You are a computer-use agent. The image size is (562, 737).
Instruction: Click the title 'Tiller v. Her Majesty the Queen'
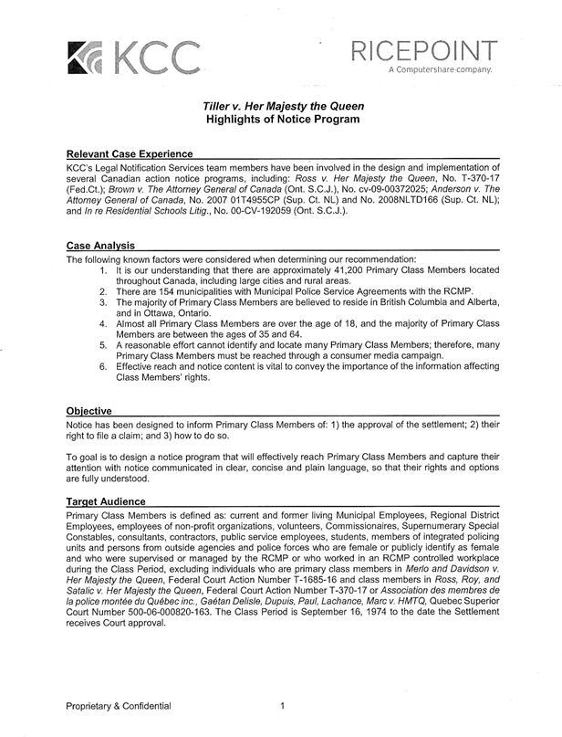pyautogui.click(x=282, y=106)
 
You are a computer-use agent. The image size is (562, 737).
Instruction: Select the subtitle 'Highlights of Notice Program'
pyautogui.click(x=282, y=120)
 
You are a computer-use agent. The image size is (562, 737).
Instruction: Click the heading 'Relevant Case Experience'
pyautogui.click(x=130, y=154)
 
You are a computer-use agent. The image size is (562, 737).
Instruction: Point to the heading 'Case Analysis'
pyautogui.click(x=101, y=246)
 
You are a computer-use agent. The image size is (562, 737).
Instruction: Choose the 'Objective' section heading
pyautogui.click(x=89, y=411)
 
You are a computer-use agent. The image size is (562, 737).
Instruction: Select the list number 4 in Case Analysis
pyautogui.click(x=104, y=323)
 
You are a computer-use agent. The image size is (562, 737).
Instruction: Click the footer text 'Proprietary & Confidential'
pyautogui.click(x=118, y=705)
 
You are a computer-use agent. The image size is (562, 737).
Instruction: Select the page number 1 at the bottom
pyautogui.click(x=284, y=705)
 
